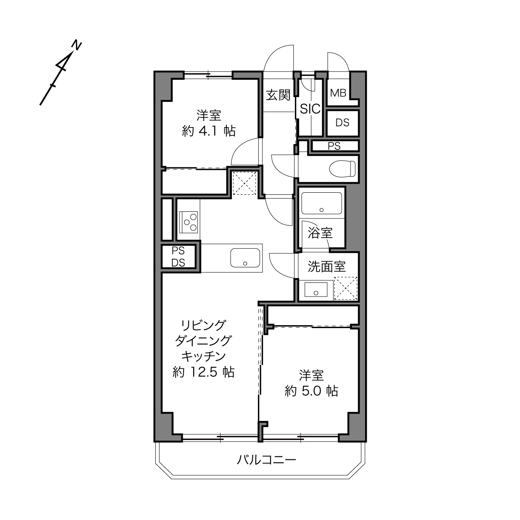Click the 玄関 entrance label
[278, 95]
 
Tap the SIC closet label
[310, 109]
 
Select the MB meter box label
[338, 93]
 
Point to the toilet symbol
[342, 169]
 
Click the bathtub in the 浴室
[321, 203]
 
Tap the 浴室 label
[320, 233]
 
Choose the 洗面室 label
[326, 266]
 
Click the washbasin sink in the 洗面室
[316, 289]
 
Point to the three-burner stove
[189, 222]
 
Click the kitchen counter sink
[245, 258]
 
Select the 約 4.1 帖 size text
[208, 131]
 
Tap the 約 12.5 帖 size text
[203, 372]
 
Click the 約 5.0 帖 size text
[311, 390]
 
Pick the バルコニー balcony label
[267, 459]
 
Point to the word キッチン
[203, 356]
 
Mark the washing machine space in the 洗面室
[346, 288]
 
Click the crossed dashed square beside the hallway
[244, 183]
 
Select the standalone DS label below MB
[342, 123]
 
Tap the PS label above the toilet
[334, 146]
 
